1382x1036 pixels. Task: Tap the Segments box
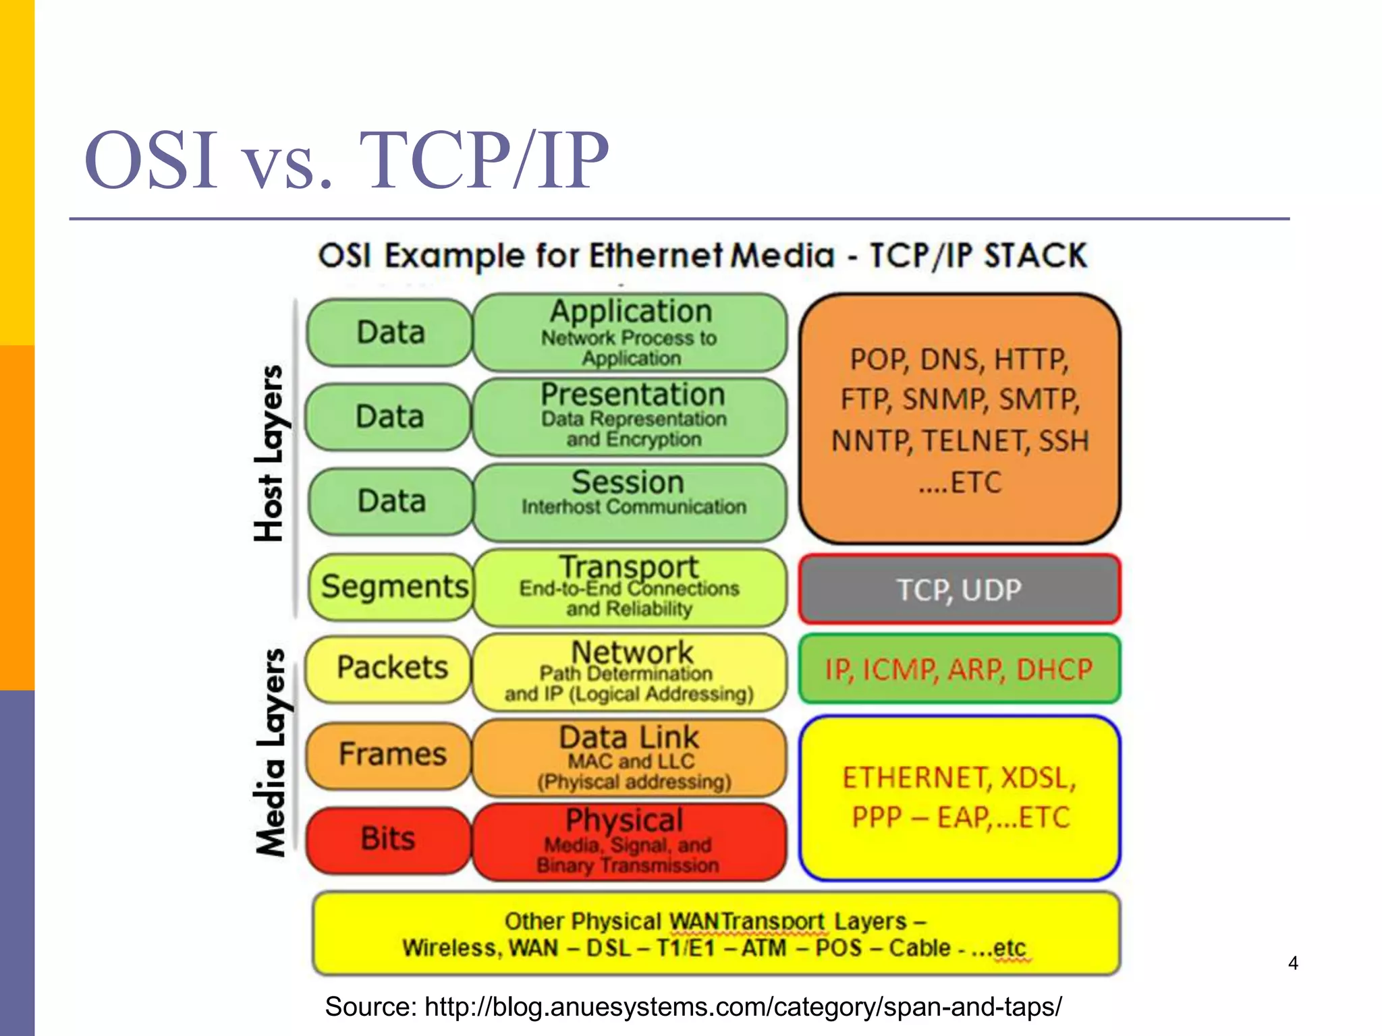pos(393,586)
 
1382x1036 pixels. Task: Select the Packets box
pos(390,668)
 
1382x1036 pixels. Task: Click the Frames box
pos(390,754)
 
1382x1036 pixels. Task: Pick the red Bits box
pos(388,839)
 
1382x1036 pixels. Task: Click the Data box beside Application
pos(390,333)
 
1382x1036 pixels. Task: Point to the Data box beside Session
pos(391,501)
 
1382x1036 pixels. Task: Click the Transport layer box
pos(630,586)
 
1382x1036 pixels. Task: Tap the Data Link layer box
pos(630,757)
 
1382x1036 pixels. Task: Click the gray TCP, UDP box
pos(959,589)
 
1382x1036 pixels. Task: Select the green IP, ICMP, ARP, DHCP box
pos(959,669)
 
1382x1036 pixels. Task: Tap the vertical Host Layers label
pos(270,453)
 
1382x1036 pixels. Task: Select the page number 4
pos(1292,963)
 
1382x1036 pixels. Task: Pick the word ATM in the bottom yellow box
pos(764,948)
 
